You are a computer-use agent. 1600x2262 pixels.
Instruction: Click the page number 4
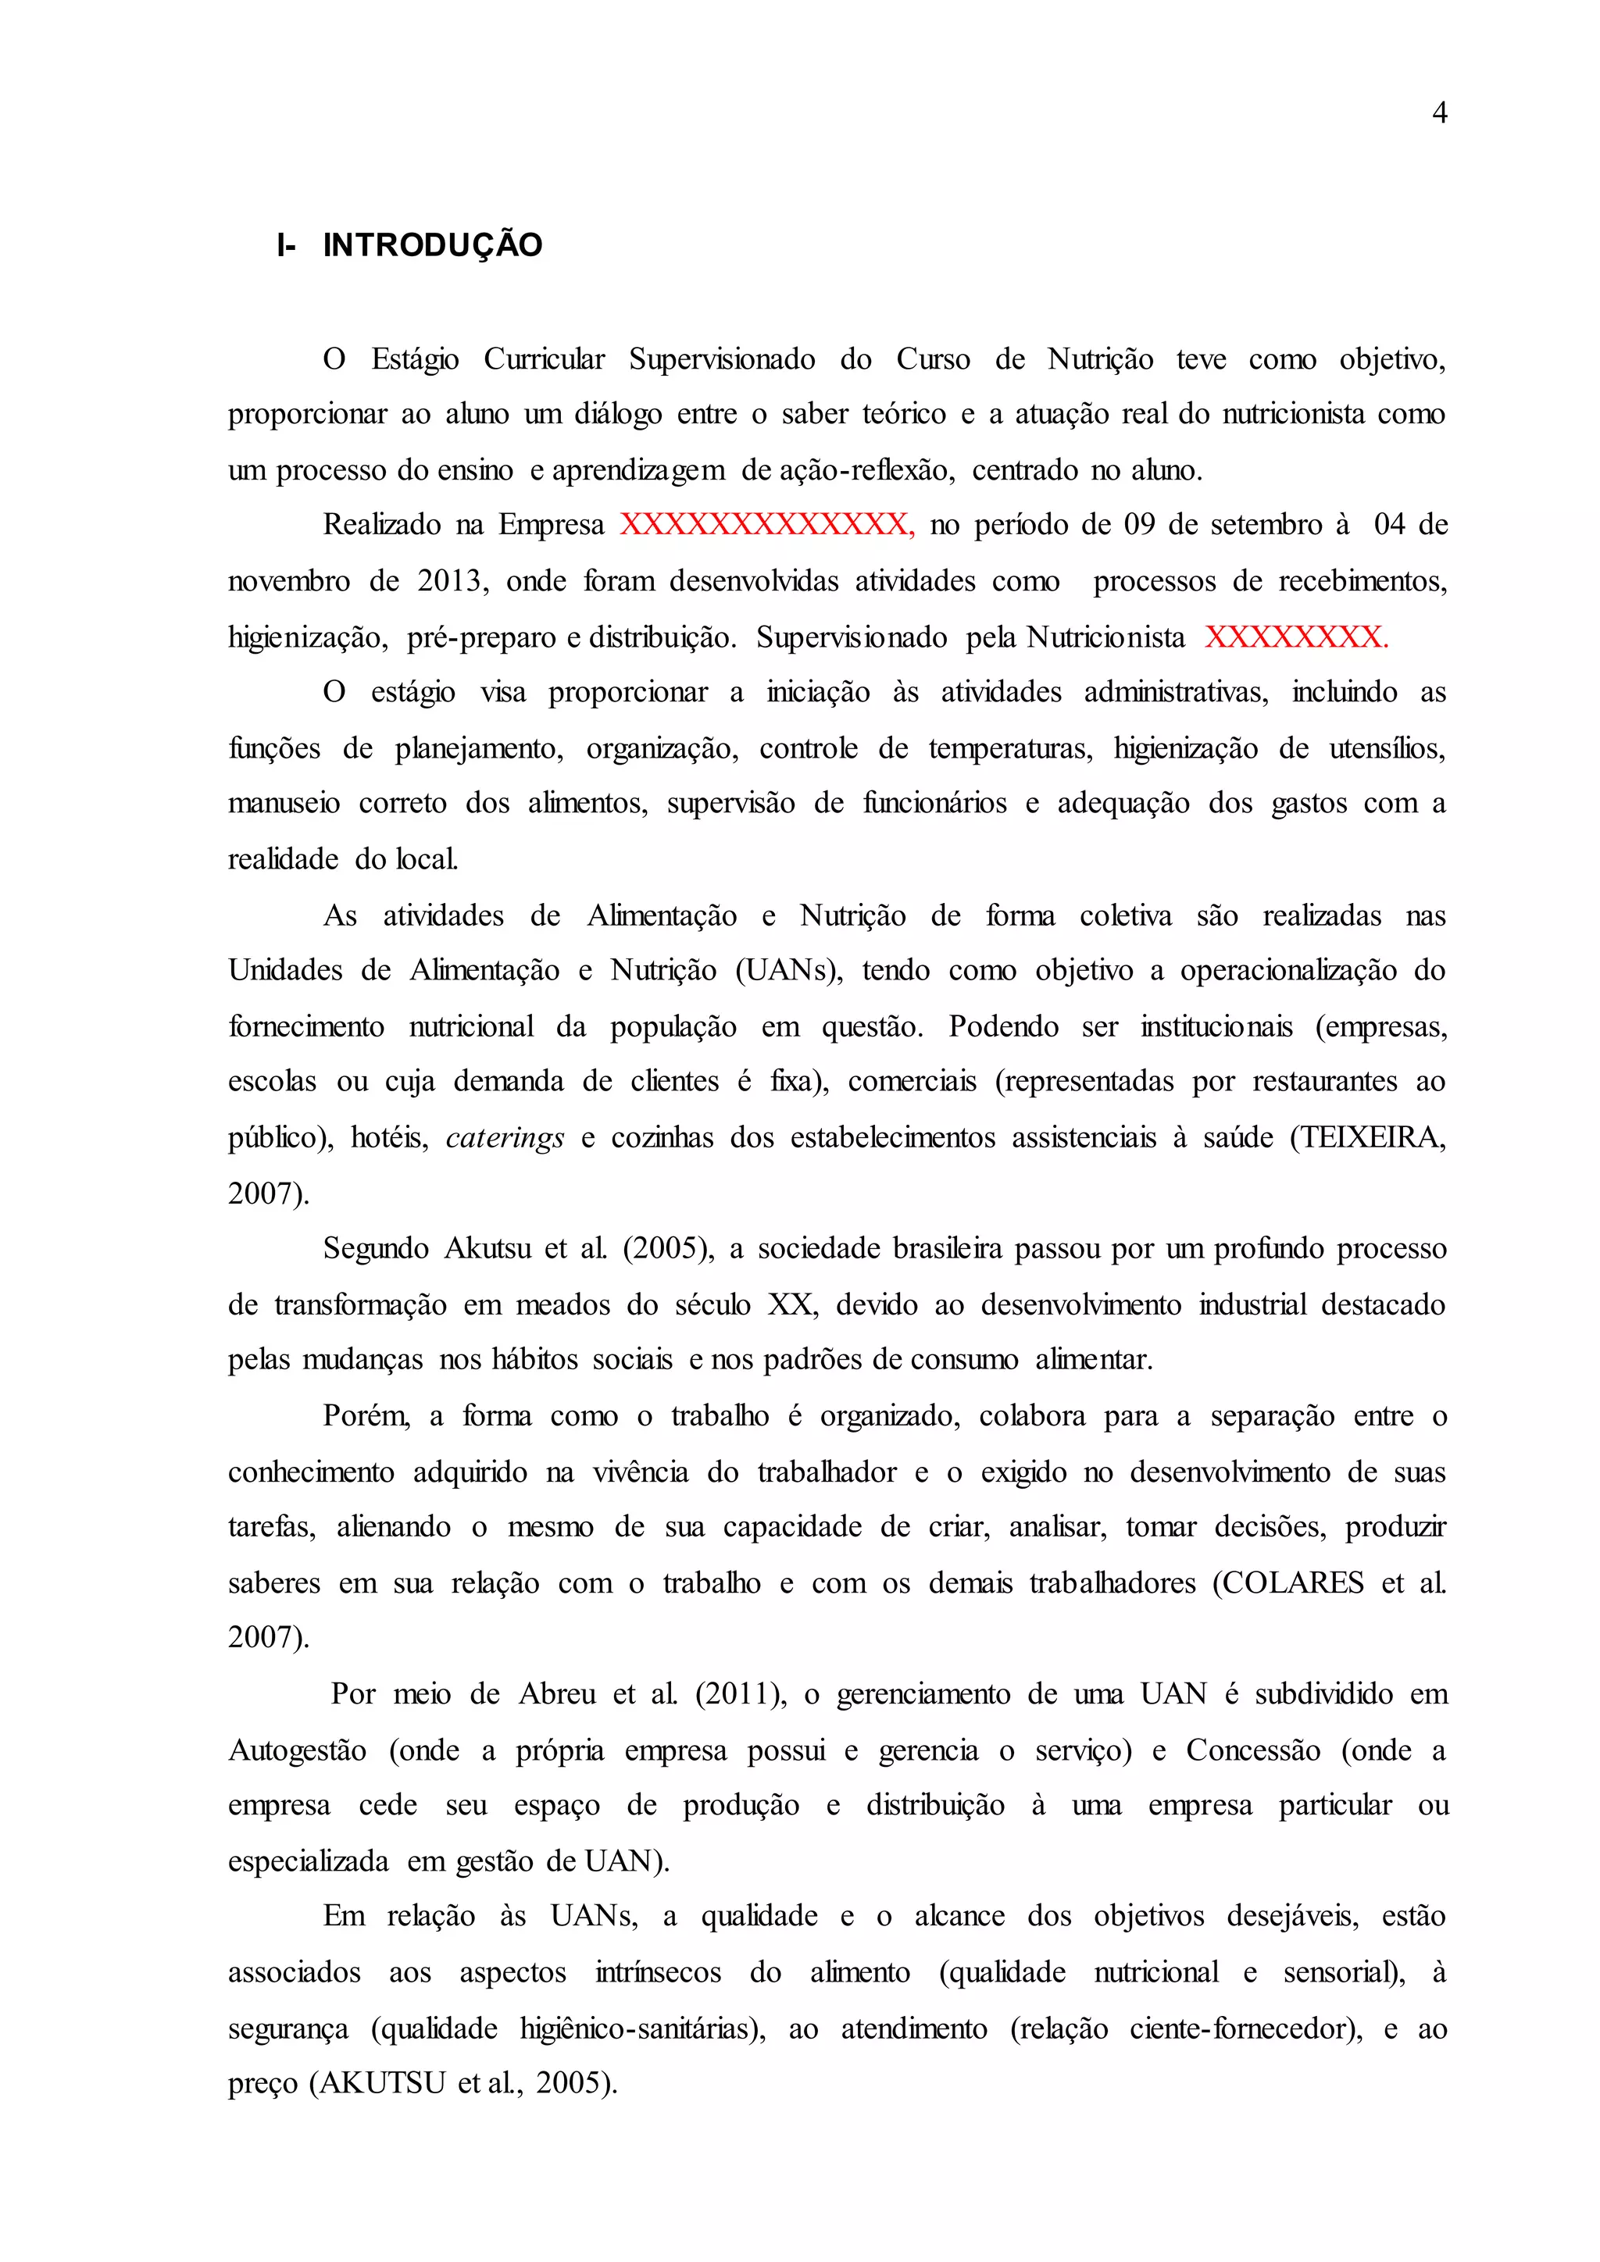click(x=1439, y=113)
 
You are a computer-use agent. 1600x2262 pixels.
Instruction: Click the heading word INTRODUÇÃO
click(x=433, y=245)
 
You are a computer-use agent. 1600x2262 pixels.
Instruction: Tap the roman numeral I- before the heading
click(x=286, y=245)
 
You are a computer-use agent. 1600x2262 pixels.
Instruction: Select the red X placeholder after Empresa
click(x=766, y=524)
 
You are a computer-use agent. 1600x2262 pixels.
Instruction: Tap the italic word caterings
click(x=505, y=1139)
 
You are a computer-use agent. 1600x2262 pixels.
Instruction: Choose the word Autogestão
click(x=298, y=1750)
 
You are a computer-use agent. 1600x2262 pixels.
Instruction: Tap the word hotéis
click(x=390, y=1138)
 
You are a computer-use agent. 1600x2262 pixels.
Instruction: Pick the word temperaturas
click(x=1010, y=749)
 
